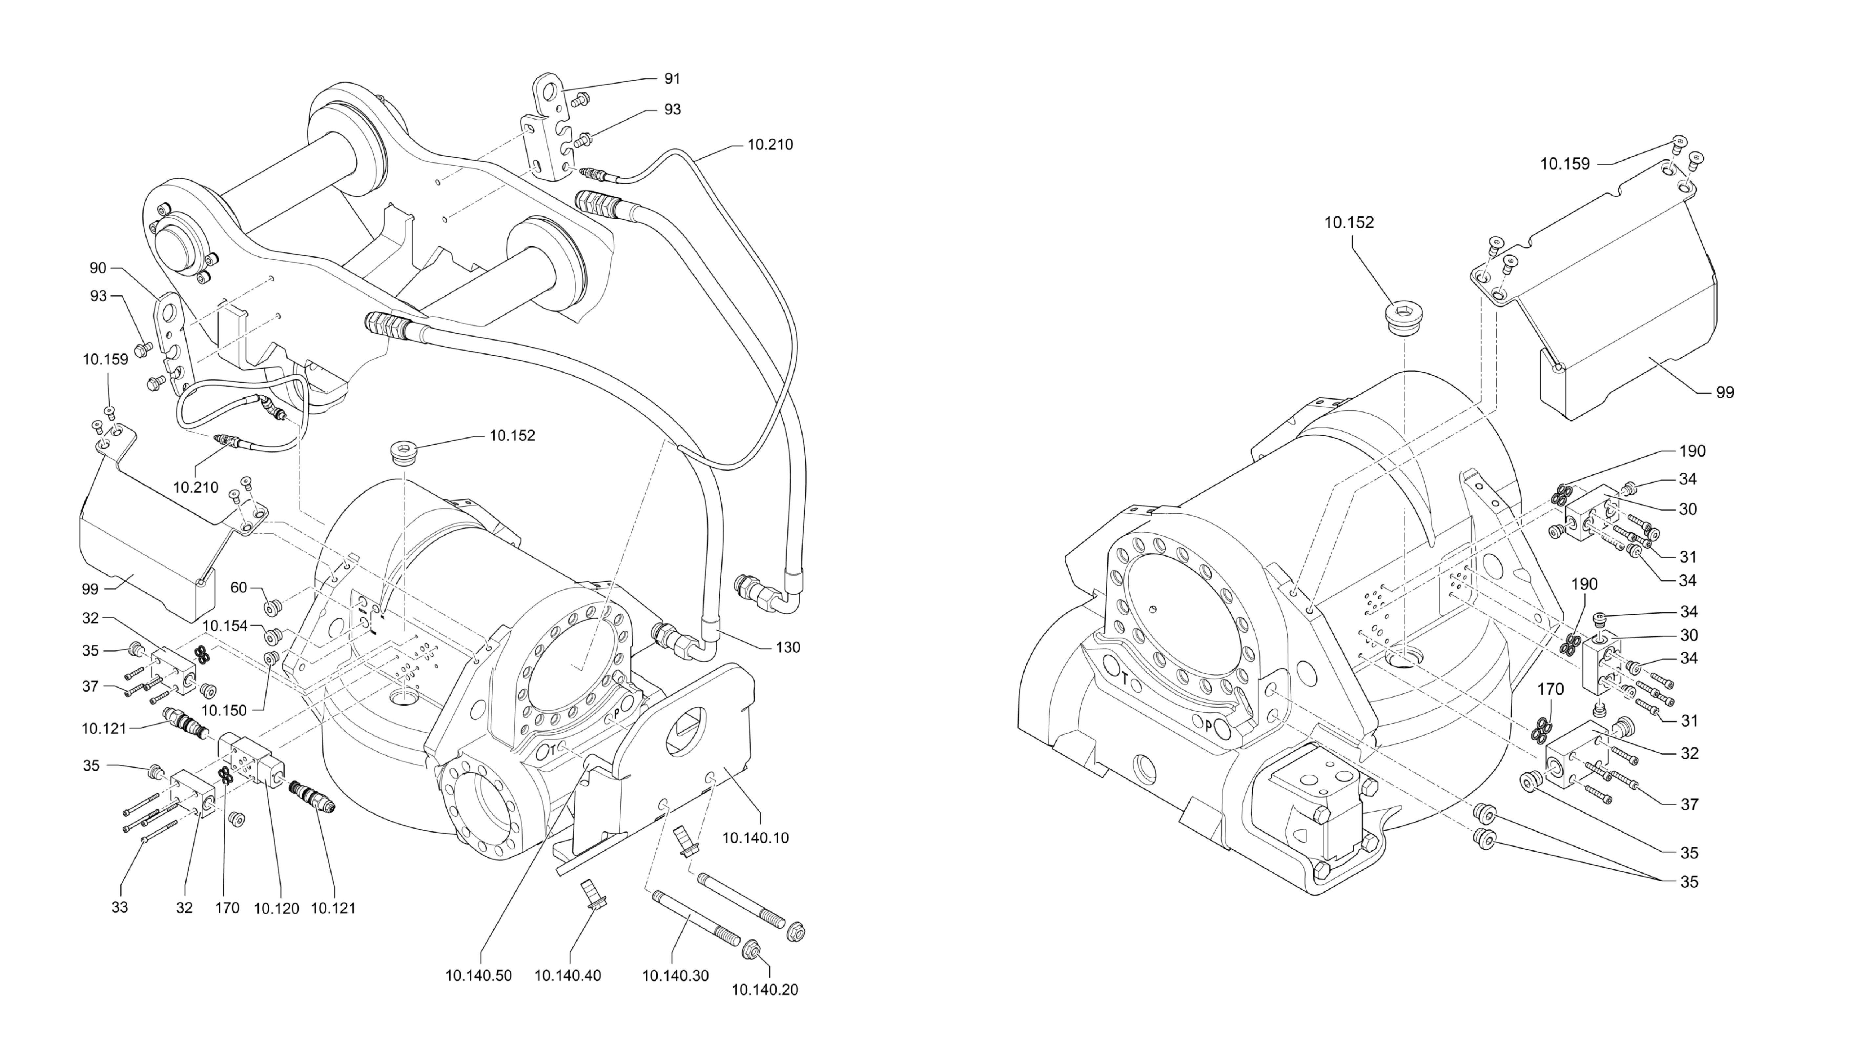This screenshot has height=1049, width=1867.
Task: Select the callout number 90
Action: click(x=98, y=268)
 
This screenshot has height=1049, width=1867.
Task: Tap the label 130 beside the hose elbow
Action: click(x=788, y=647)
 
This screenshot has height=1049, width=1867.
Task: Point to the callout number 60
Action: click(x=239, y=587)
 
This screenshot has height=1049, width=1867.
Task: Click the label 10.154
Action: click(x=225, y=625)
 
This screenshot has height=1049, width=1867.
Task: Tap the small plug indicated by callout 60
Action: click(x=273, y=606)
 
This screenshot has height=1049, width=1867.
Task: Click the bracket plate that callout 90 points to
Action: click(x=174, y=341)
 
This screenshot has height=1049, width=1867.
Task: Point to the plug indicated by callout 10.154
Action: click(x=273, y=637)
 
